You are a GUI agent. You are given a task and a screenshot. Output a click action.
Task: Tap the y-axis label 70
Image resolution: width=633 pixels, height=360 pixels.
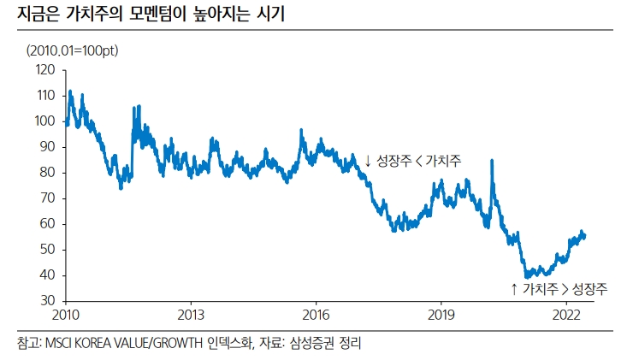(x=48, y=198)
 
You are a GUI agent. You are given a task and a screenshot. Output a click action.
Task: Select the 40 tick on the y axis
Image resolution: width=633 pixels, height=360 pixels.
(x=48, y=275)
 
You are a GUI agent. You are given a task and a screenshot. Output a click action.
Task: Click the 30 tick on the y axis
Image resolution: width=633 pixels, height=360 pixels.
(x=48, y=301)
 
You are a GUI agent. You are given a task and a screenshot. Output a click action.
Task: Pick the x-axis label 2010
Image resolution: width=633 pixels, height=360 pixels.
(x=66, y=314)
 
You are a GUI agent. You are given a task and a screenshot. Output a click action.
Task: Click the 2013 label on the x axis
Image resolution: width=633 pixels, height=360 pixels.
(x=191, y=314)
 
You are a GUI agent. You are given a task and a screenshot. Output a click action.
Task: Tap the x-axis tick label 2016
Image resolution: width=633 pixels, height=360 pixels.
(x=316, y=314)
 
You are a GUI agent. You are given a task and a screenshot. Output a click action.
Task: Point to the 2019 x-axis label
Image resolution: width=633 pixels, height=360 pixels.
(x=441, y=314)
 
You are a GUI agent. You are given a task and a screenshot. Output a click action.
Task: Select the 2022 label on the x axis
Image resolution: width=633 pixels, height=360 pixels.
(x=566, y=314)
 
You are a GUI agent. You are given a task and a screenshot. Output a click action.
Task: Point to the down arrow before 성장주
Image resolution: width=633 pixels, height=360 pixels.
(x=368, y=161)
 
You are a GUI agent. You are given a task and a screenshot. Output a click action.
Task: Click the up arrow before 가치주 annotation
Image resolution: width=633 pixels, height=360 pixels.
(x=513, y=289)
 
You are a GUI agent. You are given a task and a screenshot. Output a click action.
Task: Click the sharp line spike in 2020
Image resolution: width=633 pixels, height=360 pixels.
(x=491, y=161)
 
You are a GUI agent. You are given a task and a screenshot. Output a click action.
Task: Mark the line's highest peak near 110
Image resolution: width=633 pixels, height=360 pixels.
(x=69, y=91)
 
